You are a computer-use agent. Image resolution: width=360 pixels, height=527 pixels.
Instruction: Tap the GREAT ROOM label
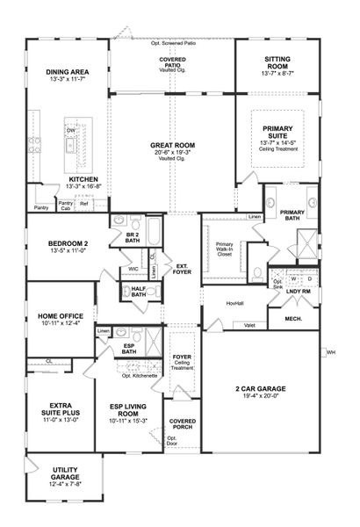pyautogui.click(x=172, y=146)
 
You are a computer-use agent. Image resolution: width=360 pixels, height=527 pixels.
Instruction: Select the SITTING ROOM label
pyautogui.click(x=270, y=61)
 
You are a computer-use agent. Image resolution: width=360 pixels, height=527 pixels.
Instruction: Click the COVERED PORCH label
pyautogui.click(x=182, y=423)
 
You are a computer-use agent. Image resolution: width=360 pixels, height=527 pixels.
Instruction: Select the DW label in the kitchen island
pyautogui.click(x=69, y=131)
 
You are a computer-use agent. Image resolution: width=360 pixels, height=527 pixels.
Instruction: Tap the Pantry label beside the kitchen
pyautogui.click(x=40, y=208)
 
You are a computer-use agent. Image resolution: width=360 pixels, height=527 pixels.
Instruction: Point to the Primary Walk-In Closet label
pyautogui.click(x=226, y=247)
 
